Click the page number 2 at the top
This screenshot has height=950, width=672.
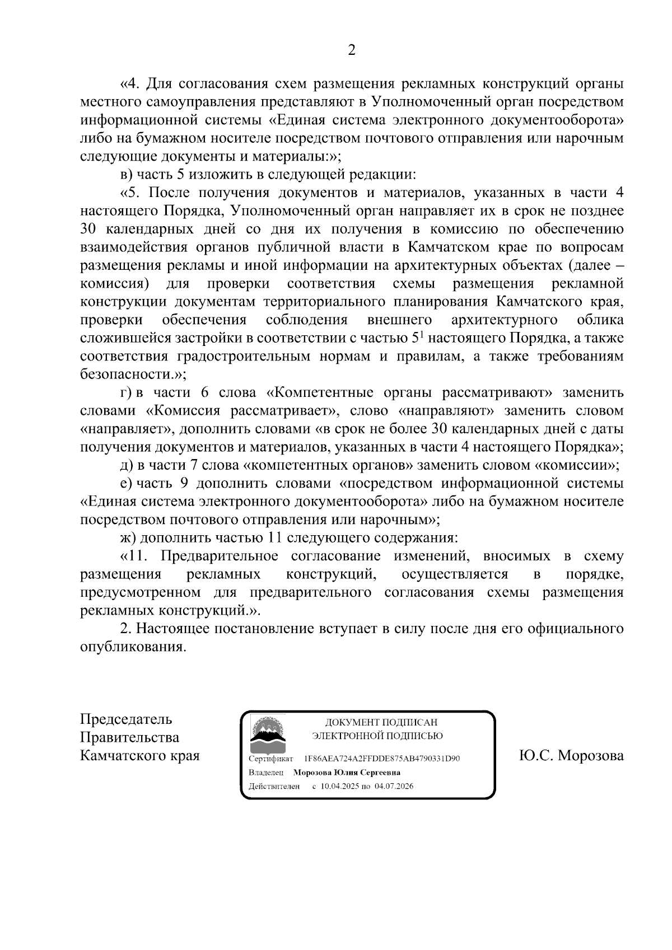pos(351,50)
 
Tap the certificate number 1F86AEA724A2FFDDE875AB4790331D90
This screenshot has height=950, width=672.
pos(381,759)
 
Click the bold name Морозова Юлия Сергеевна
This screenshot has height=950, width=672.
pos(347,773)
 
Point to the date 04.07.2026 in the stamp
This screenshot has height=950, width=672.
pos(394,786)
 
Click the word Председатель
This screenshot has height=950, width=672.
pos(126,719)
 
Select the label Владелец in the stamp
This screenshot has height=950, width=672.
pos(266,773)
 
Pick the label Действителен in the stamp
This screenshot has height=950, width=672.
pos(274,786)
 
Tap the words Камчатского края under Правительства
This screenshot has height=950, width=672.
pos(140,756)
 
